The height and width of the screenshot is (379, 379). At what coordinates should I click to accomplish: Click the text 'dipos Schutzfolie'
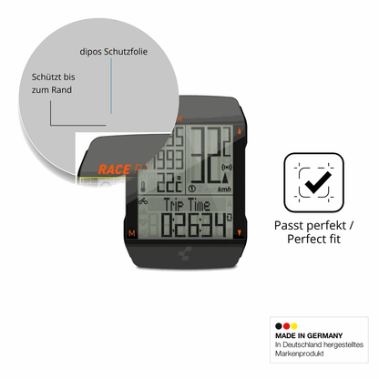coord(114,52)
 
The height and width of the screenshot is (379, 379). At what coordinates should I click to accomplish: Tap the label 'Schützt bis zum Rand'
coord(53,83)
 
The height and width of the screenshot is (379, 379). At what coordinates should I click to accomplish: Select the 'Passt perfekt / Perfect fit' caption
coord(313,232)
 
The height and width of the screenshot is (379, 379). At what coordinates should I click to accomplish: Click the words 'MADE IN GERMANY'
coord(309,335)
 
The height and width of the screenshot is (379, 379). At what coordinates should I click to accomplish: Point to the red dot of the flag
coord(286,326)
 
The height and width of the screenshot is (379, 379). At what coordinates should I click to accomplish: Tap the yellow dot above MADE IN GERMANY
coord(294,326)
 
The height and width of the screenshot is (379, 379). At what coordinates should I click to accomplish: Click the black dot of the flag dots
coord(279,326)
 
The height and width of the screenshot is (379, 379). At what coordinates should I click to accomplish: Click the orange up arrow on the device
coord(240,131)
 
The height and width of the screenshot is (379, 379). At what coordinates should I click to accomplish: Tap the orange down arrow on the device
coord(240,232)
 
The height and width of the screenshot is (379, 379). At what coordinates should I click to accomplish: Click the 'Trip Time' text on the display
coord(187,205)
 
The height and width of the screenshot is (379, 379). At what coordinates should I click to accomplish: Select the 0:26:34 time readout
coord(194,225)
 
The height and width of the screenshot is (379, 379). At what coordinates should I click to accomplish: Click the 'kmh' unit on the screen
coord(224,189)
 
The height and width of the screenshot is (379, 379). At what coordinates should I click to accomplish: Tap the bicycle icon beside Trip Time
coord(143,200)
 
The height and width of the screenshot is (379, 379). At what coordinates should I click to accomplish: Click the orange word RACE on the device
coord(115,169)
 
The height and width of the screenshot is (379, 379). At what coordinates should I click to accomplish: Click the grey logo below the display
coord(185,253)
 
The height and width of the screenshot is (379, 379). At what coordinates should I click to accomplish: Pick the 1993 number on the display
coord(169,159)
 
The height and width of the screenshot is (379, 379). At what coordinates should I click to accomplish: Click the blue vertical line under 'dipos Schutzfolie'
coord(111,86)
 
